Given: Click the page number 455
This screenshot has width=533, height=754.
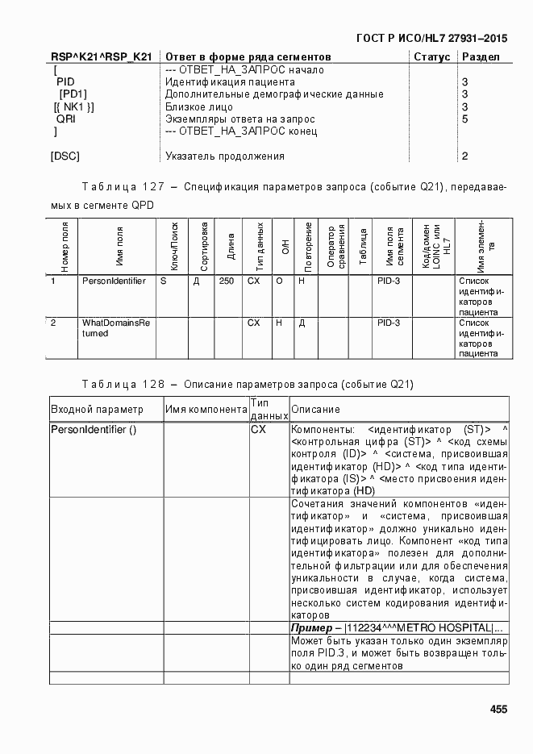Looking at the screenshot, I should [x=498, y=710].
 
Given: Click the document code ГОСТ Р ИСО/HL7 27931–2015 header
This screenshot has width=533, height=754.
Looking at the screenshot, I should [x=431, y=38].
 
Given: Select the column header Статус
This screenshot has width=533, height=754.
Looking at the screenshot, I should [x=431, y=57].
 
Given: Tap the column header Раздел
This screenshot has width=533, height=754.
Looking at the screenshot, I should [x=481, y=57].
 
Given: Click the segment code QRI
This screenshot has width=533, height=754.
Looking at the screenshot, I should [x=66, y=119].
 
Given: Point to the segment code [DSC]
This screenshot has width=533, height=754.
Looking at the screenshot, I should [x=65, y=156].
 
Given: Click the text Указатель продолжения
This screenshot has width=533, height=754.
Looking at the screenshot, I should [x=224, y=156].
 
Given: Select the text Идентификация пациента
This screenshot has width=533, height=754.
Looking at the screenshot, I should [x=230, y=82].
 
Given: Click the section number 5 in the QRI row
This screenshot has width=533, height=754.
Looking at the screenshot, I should [x=464, y=119].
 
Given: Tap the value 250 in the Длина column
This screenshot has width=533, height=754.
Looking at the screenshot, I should [x=227, y=281].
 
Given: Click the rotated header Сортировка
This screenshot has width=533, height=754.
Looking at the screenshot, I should [x=204, y=245].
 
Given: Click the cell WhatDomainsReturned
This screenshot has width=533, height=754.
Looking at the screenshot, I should [x=116, y=327].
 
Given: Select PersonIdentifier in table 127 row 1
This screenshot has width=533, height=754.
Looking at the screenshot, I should [x=114, y=281].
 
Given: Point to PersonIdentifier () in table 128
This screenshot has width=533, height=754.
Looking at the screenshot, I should [x=94, y=430].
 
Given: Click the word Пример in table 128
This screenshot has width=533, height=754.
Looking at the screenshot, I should [x=310, y=628].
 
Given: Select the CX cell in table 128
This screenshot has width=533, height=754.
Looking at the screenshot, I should [x=258, y=430].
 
